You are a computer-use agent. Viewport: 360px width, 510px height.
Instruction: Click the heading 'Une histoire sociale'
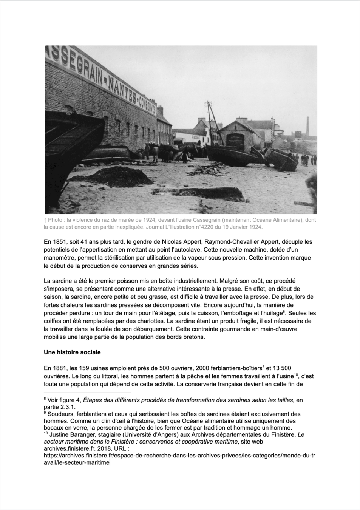click(x=72, y=352)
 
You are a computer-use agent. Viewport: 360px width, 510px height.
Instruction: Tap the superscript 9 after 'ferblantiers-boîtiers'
click(x=263, y=366)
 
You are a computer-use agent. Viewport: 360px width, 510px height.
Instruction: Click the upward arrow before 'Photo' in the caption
click(x=45, y=220)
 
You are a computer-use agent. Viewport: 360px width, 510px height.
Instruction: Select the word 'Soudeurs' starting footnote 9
click(x=60, y=414)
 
